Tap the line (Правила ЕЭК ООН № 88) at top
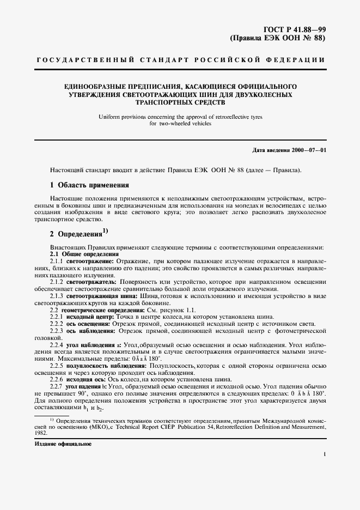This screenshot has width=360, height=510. tap(278, 39)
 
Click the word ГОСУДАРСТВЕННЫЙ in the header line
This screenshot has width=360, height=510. tap(72, 59)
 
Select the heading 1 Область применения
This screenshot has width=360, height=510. tap(89, 185)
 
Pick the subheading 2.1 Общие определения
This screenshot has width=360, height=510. tap(84, 254)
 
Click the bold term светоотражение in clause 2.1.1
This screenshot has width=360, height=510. tap(88, 262)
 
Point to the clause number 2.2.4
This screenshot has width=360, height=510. tap(57, 345)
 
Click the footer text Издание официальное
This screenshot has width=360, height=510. tap(57, 444)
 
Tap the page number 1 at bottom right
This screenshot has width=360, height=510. tap(325, 453)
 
